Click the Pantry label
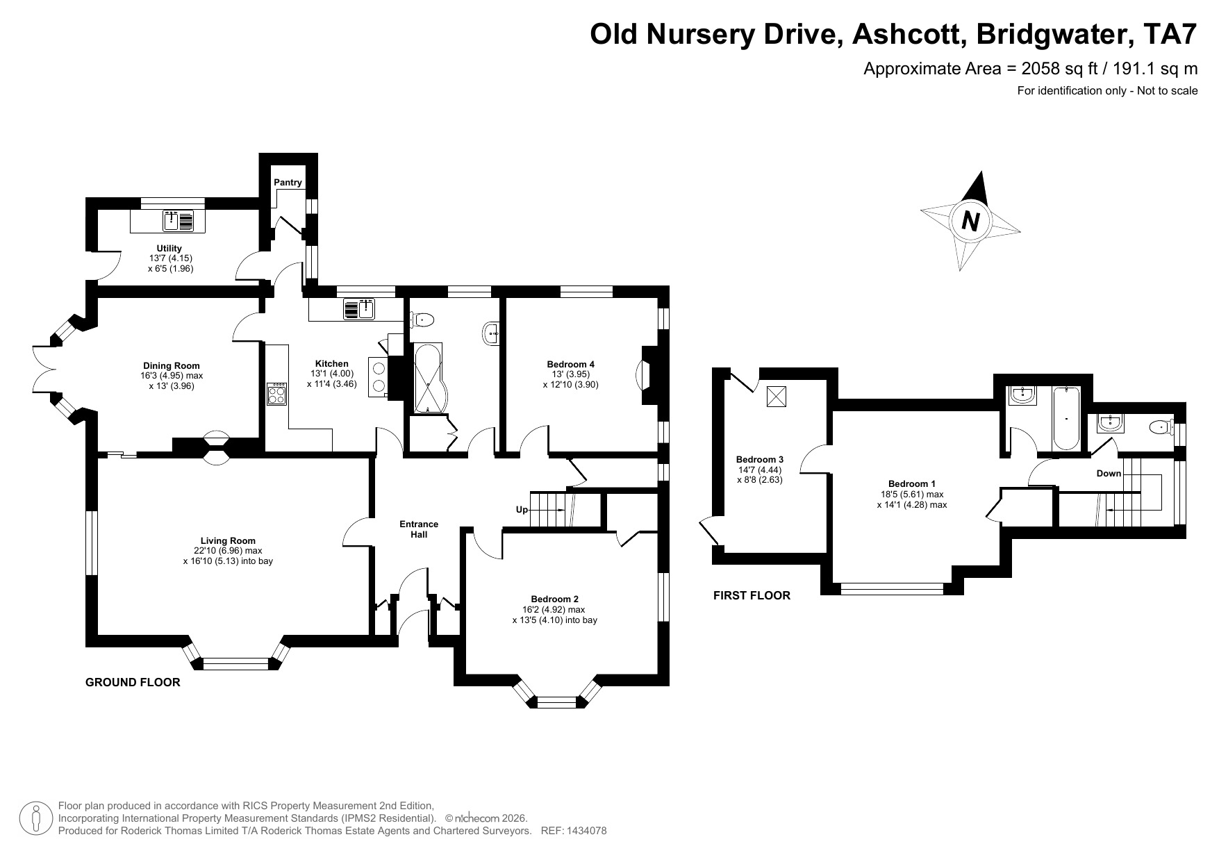pos(288,183)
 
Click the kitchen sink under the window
pos(359,308)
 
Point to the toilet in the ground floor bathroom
pos(423,320)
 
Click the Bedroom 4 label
pos(570,364)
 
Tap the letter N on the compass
pos(970,222)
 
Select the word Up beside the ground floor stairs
pos(522,509)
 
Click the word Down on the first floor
pos(1109,473)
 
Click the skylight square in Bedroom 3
pos(776,397)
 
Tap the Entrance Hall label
pos(419,529)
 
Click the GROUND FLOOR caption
pos(133,682)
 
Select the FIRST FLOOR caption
pos(752,595)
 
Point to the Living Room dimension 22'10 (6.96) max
pos(228,551)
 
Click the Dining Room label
pos(171,366)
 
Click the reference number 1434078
pos(587,831)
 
